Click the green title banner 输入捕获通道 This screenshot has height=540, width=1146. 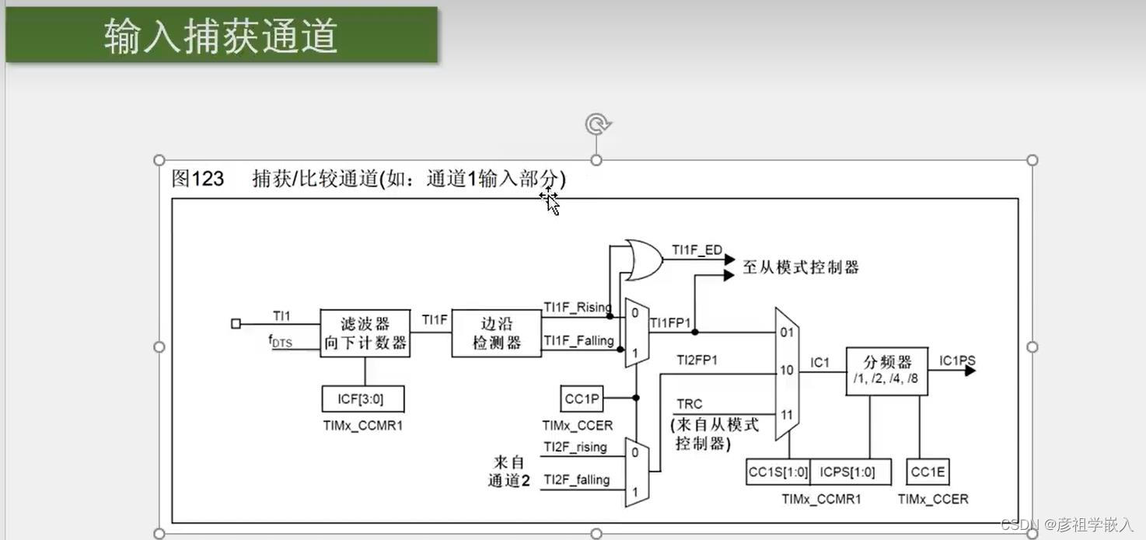222,35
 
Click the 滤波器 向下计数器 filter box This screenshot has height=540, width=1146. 365,333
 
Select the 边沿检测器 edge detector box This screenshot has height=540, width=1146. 496,333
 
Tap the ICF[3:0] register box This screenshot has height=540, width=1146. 363,399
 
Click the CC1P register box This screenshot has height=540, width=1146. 582,399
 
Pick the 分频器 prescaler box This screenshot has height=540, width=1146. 886,371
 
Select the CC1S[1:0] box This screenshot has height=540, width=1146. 777,472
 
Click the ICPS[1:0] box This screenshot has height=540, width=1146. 847,472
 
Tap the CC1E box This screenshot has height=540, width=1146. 928,472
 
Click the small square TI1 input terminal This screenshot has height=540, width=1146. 236,324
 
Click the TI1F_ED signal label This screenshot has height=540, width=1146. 697,250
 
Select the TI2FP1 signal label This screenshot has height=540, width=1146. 696,360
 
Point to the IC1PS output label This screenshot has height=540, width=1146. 956,361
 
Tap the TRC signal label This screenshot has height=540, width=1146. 689,404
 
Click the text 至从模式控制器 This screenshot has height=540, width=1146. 801,267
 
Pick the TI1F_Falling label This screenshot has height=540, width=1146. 578,340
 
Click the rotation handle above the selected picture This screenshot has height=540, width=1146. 596,124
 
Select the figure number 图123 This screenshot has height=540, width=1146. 197,179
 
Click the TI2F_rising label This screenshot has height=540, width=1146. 575,447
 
